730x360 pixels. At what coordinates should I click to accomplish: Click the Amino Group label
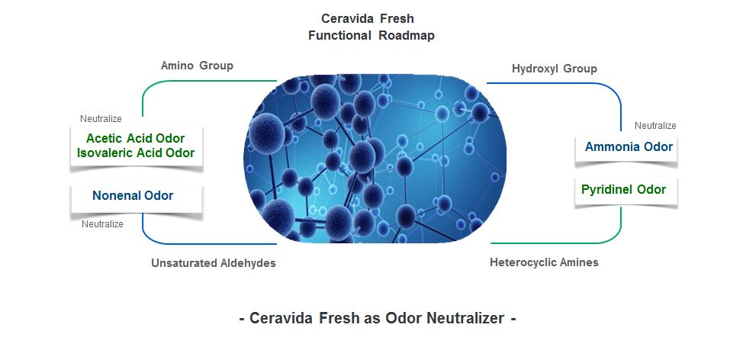pos(197,65)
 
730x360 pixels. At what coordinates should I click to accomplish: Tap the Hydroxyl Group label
pos(554,69)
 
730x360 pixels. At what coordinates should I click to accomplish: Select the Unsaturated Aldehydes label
pos(214,263)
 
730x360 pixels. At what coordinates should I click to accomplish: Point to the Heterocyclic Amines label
pos(544,262)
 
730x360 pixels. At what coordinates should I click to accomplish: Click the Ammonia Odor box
pos(626,148)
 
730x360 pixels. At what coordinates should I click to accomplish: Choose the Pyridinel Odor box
pos(626,190)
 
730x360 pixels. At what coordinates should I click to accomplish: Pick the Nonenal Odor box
pos(137,198)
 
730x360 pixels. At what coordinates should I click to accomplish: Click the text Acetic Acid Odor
pos(136,138)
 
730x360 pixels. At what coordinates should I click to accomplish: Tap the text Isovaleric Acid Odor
pos(136,153)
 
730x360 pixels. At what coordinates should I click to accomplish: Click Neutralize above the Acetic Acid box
pos(101,119)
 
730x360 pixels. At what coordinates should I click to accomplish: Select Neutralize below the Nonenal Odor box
pos(102,224)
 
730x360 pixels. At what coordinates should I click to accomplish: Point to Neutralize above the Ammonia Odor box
pos(655,126)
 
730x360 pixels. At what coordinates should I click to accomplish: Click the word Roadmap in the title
pos(407,35)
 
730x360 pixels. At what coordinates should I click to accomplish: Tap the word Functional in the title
pos(340,35)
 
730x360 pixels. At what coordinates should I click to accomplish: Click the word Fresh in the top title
pos(397,18)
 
